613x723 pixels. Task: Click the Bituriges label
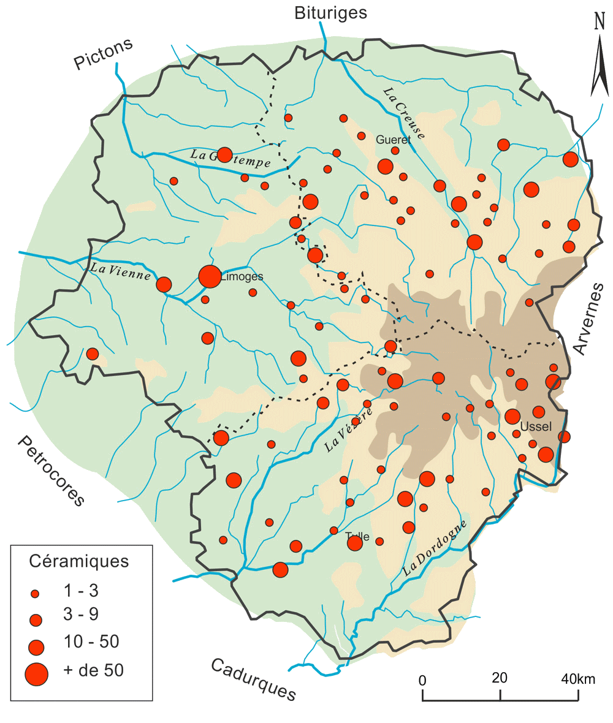330,12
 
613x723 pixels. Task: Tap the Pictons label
104,55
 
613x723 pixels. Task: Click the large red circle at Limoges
209,276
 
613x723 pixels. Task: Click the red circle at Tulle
354,542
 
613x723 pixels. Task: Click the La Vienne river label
121,271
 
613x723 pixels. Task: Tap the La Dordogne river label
435,548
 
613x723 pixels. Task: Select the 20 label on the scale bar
500,679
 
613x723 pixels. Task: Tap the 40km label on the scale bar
578,679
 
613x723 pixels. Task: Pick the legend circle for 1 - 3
35,593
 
